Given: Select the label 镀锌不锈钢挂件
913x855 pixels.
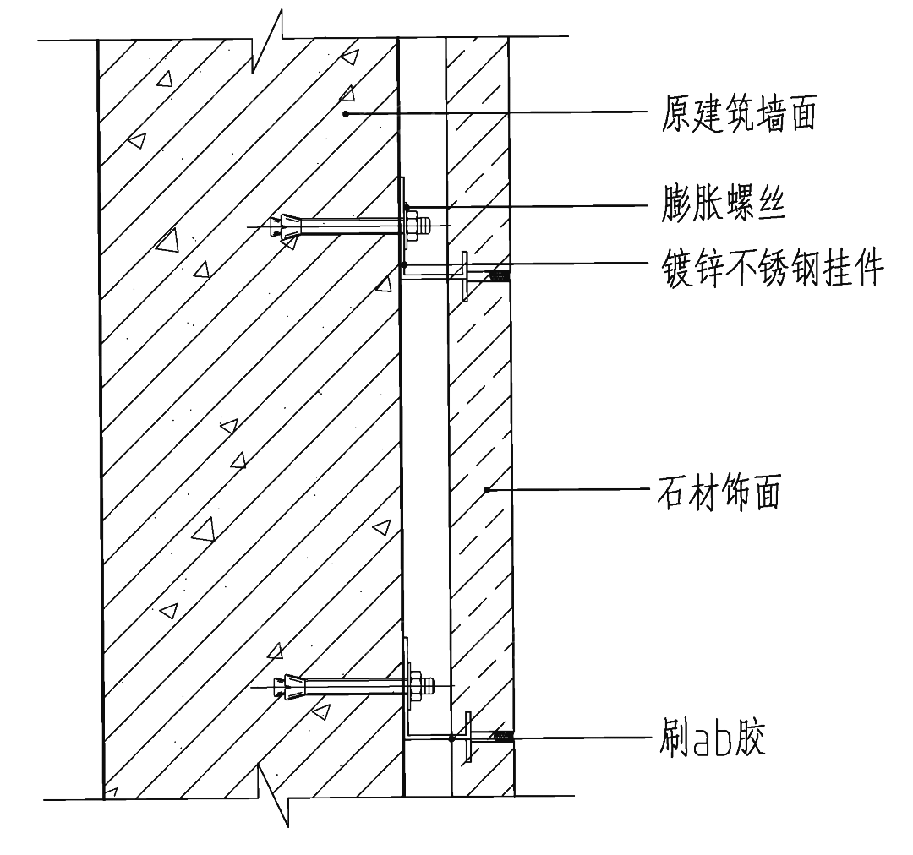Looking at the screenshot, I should point(773,271).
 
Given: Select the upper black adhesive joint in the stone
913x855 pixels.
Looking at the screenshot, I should point(500,273).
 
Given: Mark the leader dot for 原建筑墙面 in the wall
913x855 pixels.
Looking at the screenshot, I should point(345,112).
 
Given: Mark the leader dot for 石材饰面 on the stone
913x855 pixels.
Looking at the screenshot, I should point(486,489).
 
